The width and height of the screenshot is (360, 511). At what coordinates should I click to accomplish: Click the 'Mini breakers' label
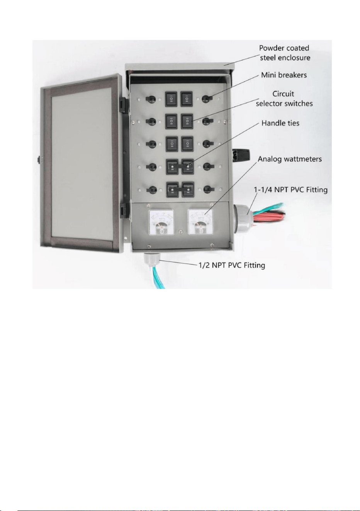[x=284, y=75]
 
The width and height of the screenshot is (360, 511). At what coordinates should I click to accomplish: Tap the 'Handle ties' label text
[x=280, y=123]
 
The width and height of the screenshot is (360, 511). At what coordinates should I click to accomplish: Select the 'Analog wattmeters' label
[x=290, y=159]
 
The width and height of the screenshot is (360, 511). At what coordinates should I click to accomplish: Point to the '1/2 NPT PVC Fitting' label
[x=232, y=265]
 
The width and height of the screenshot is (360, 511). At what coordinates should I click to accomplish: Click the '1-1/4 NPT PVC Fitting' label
[x=291, y=190]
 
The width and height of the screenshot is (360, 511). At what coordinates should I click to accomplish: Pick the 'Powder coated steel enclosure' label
[x=285, y=53]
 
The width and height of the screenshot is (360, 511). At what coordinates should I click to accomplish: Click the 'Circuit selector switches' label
[x=284, y=98]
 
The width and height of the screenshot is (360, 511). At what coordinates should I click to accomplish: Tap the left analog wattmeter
[x=161, y=222]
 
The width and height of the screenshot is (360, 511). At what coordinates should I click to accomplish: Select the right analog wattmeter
[x=200, y=222]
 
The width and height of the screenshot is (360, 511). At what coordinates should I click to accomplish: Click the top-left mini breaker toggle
[x=151, y=99]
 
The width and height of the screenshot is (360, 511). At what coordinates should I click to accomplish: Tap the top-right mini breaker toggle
[x=207, y=98]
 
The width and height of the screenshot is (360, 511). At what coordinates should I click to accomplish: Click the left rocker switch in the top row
[x=172, y=99]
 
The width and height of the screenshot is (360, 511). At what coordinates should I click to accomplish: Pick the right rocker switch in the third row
[x=187, y=144]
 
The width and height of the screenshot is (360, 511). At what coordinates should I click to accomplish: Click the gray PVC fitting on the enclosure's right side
[x=243, y=215]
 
